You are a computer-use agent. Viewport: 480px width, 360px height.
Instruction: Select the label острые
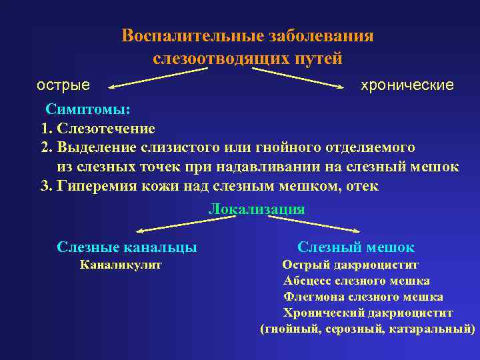pos(63,85)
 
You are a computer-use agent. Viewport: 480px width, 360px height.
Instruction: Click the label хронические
pos(407,85)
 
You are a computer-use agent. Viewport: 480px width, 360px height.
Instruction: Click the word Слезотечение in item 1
pos(107,128)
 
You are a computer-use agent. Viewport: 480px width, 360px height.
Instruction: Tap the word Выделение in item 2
pos(97,147)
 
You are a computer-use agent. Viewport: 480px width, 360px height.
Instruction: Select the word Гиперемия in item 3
pos(99,186)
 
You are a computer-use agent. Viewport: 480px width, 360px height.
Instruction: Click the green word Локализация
pos(257,209)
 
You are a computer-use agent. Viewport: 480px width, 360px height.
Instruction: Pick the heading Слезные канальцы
pos(127,247)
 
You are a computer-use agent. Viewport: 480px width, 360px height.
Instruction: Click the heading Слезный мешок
pos(356,247)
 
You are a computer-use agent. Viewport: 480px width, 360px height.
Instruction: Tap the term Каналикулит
pos(121,265)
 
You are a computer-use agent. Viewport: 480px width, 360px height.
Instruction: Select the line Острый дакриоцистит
pos(351,265)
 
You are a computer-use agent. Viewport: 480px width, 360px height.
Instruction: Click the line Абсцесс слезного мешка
pos(357,281)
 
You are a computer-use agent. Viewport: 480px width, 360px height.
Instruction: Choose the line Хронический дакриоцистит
pos(368,313)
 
